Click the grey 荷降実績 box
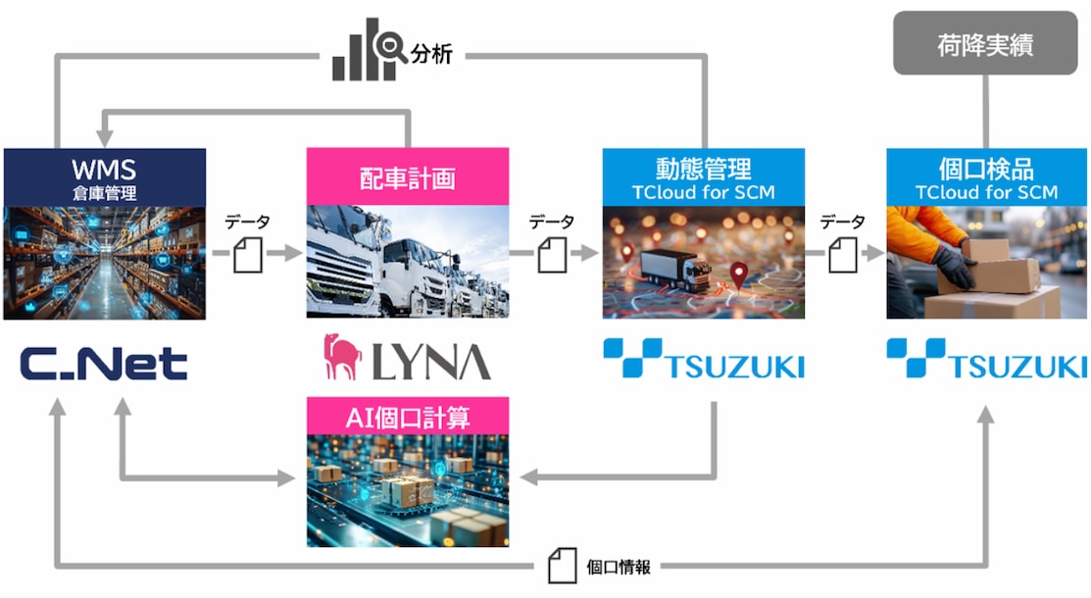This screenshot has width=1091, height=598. point(984,42)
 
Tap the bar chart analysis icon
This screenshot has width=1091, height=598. point(369,49)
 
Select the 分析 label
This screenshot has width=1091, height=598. point(431,53)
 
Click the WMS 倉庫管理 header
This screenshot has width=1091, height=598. point(104,177)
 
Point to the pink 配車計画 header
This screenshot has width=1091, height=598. point(408,176)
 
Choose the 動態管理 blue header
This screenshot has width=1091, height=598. point(704,177)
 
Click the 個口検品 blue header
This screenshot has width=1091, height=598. point(987,177)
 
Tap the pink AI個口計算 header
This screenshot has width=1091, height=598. point(408,417)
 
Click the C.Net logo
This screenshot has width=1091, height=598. point(104,364)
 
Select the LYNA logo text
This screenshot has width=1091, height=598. point(431,362)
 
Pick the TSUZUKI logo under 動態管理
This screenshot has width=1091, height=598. point(704,359)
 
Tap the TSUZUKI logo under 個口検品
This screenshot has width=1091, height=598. point(987,359)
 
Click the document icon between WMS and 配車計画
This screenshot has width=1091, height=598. point(248,255)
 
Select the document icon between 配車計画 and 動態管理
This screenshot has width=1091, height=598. point(552,255)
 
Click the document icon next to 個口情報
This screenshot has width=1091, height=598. point(563,566)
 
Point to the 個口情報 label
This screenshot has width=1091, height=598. point(618,567)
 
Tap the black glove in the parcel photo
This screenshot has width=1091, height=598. point(954,266)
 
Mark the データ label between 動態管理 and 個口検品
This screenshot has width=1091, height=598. point(843,223)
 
